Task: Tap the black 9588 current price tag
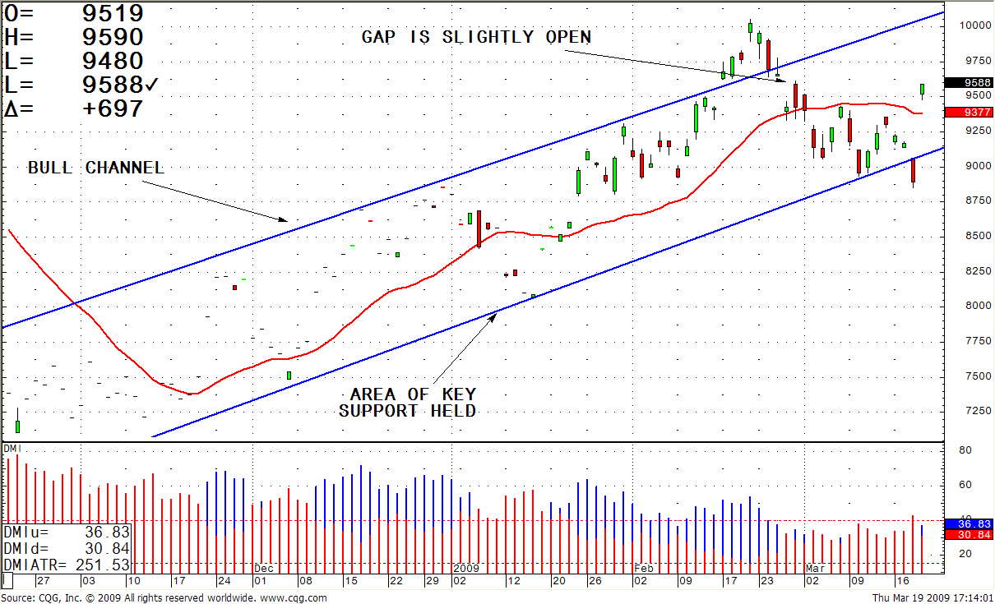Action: [968, 82]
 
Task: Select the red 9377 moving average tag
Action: [968, 113]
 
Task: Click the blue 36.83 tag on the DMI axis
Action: [968, 523]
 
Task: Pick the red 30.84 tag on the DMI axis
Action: [968, 535]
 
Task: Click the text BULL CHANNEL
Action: [96, 168]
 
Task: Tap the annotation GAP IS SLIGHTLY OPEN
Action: [476, 37]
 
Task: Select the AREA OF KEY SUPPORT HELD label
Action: [408, 403]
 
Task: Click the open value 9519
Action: [113, 13]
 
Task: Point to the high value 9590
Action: [113, 37]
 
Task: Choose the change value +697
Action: [113, 108]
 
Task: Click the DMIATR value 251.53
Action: [107, 565]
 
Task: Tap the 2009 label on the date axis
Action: [465, 568]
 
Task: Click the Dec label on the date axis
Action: [263, 568]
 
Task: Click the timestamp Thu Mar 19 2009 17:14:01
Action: [932, 597]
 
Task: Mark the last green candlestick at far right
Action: [922, 89]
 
